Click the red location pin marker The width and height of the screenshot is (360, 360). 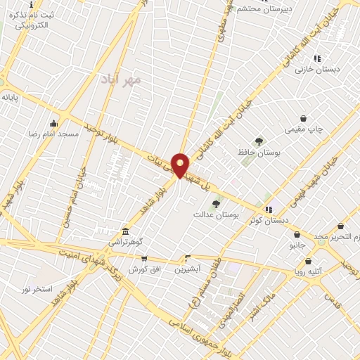click(x=180, y=165)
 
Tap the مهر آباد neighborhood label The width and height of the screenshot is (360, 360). click(x=121, y=78)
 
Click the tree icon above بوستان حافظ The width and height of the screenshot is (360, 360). click(x=259, y=141)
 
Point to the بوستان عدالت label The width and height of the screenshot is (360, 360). click(x=217, y=214)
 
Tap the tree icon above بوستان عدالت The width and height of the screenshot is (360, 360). click(x=216, y=204)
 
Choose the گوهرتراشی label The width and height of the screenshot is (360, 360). click(x=124, y=242)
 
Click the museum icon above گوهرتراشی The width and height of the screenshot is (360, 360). click(x=125, y=232)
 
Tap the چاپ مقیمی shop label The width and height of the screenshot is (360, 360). click(x=303, y=129)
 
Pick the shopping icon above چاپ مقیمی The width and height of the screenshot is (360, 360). click(x=303, y=119)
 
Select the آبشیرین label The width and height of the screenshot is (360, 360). click(x=188, y=269)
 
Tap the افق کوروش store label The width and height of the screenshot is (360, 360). click(x=146, y=269)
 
